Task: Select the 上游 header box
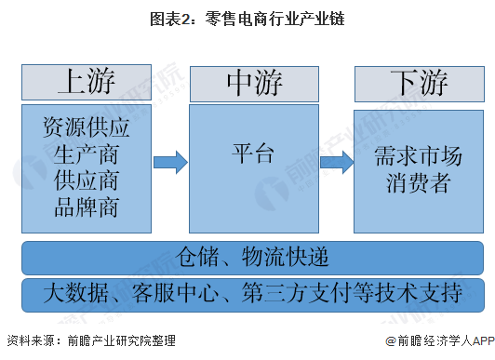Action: pos(87,82)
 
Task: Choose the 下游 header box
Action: pos(419,82)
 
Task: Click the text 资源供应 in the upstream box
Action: pos(87,126)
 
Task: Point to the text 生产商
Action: pos(87,153)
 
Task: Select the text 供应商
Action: pos(87,180)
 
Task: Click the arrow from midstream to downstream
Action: pos(336,162)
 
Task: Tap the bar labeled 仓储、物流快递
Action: pos(252,257)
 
